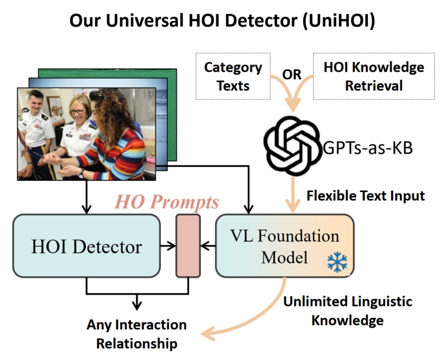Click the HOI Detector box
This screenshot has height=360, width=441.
(x=87, y=246)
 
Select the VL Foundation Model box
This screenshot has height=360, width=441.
(x=285, y=246)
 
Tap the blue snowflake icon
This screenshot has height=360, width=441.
(x=337, y=262)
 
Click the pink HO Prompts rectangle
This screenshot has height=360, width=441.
(x=188, y=246)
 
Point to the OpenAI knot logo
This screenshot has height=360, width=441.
(x=293, y=146)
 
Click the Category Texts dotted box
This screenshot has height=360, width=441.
(x=233, y=76)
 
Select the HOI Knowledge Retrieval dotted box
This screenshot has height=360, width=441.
(x=374, y=76)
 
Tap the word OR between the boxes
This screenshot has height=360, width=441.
(x=292, y=75)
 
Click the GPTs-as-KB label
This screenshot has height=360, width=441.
(x=367, y=148)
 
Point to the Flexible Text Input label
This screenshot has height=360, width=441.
(x=366, y=195)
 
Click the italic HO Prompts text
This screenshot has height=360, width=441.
(x=167, y=202)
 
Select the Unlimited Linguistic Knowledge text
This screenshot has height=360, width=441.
(x=348, y=311)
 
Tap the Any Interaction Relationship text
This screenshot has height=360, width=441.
(x=137, y=334)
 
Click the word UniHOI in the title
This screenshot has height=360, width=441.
(x=339, y=20)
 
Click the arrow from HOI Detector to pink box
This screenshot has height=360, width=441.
(x=168, y=246)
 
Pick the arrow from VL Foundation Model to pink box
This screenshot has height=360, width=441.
(x=208, y=246)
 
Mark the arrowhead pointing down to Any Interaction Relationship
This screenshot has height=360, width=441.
(x=137, y=305)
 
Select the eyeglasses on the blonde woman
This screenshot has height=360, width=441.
(x=77, y=111)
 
